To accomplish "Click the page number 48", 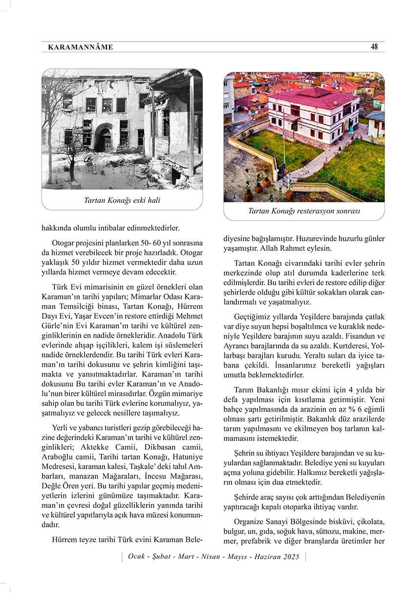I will tap(374, 47).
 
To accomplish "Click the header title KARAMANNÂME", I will tap(81, 47).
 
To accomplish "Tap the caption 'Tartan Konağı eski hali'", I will tap(122, 200).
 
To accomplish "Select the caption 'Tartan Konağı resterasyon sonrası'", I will tap(304, 211).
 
